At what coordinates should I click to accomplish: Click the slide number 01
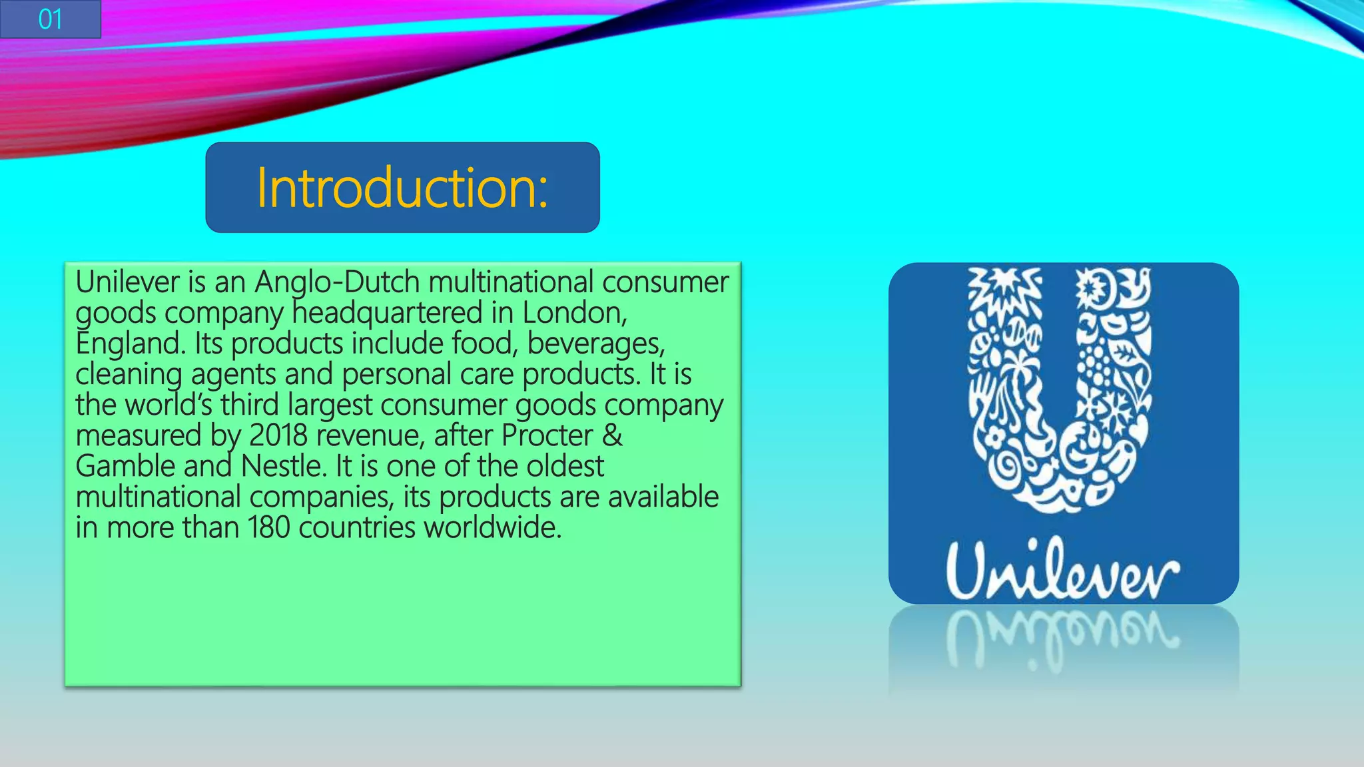coord(50,19)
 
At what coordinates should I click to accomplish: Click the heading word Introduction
coord(402,188)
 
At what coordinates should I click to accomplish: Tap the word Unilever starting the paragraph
coord(127,282)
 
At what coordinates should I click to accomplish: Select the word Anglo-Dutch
coord(337,282)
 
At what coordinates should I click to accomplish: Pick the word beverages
coord(595,344)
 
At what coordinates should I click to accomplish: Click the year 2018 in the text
coord(278,435)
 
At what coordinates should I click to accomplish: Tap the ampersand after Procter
coord(613,435)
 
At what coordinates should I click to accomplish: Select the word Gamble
coord(125,466)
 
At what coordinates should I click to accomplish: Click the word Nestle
coord(284,466)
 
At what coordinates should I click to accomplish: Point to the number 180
coord(269,527)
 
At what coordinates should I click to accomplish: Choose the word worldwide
coord(493,527)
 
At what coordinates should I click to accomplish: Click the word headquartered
coord(387,313)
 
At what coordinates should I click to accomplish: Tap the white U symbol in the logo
coord(1060,393)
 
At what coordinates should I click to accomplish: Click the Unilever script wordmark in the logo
coord(1062,571)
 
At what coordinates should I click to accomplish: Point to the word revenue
coord(370,435)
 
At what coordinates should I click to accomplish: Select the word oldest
coord(565,466)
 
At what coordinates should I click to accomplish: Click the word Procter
coord(547,435)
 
